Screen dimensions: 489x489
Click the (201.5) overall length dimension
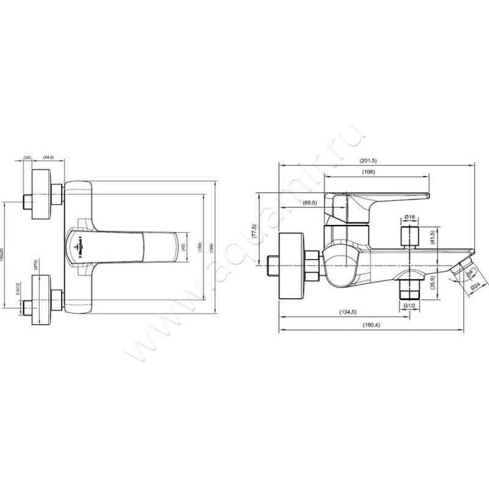coord(368,160)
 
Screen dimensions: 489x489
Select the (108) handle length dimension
coord(368,172)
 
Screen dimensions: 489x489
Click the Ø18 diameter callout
coord(410,217)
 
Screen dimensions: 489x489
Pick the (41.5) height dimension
coord(432,238)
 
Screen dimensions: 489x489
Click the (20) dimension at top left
coord(28,157)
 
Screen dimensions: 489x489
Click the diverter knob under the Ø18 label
coord(410,235)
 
